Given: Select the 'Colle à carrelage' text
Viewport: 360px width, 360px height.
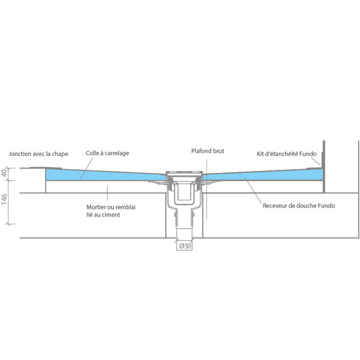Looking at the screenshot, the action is (107, 154).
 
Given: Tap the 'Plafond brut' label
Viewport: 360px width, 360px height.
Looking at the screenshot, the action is (207, 151).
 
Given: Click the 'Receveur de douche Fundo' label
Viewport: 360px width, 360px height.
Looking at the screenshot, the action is (299, 206).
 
